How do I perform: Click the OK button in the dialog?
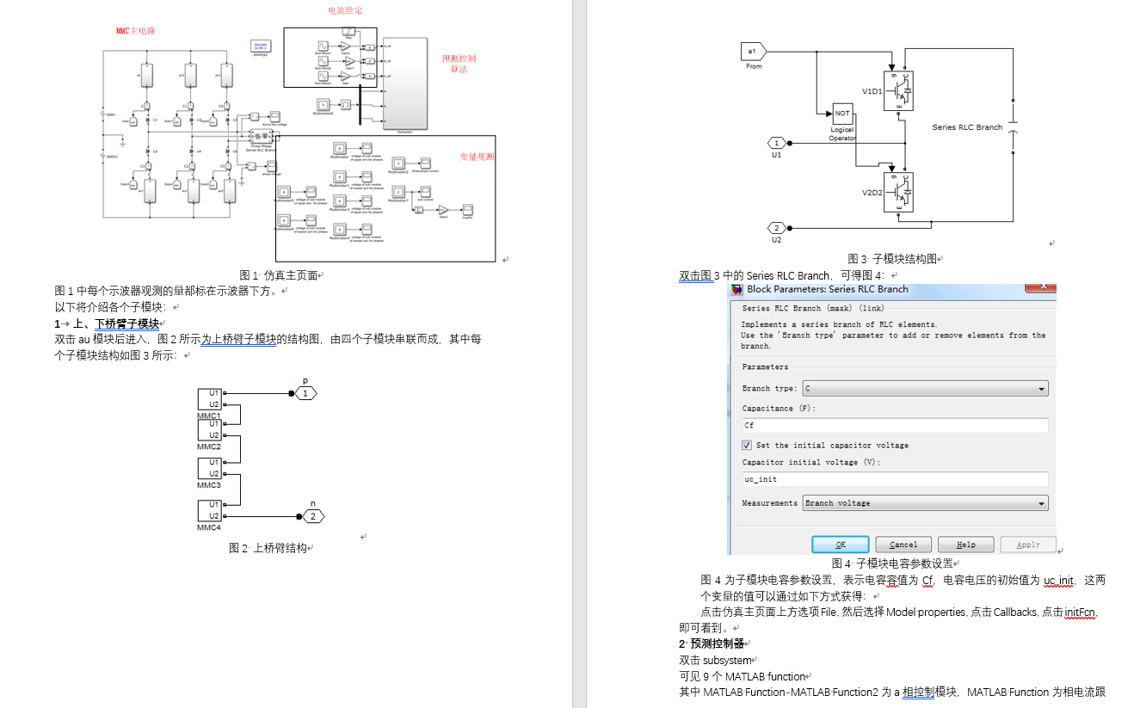(840, 545)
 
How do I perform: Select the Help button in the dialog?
(965, 545)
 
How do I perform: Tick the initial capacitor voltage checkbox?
(747, 445)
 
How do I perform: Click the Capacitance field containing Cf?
(895, 425)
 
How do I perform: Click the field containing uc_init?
(895, 479)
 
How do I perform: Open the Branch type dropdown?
(925, 389)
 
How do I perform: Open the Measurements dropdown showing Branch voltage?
(925, 503)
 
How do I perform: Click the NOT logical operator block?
(842, 114)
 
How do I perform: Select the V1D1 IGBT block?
(898, 90)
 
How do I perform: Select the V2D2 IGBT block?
(898, 192)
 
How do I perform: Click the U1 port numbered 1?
(777, 143)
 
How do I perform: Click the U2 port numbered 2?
(777, 228)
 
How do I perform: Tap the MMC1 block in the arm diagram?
(209, 399)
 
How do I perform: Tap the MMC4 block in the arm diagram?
(209, 510)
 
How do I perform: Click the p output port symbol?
(305, 393)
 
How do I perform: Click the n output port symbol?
(313, 516)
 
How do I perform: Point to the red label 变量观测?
(477, 157)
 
